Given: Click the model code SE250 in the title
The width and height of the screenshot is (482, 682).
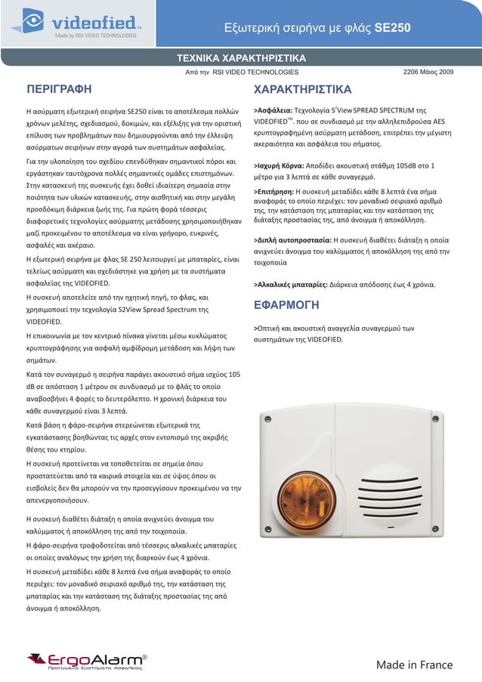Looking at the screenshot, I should click(393, 29).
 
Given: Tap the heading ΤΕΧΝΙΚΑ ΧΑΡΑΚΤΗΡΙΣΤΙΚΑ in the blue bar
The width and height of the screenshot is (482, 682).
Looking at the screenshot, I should click(241, 58).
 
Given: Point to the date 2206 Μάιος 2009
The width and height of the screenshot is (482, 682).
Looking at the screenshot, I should click(428, 72).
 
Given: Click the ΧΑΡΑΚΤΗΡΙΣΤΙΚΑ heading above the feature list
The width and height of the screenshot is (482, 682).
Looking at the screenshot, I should click(302, 88).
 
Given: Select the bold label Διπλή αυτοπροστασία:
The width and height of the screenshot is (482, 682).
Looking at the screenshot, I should click(292, 239).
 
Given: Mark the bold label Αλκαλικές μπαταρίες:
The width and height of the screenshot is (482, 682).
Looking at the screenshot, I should click(292, 285).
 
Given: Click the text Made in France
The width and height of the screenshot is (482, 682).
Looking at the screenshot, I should click(414, 665).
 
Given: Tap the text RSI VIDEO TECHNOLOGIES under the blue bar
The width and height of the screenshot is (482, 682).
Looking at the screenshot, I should click(255, 72).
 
